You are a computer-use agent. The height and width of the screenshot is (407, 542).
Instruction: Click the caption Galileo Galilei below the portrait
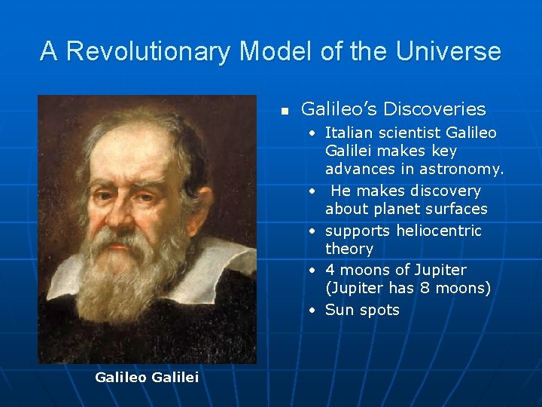tap(147, 377)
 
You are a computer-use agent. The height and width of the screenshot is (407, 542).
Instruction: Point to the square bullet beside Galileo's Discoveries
tap(285, 111)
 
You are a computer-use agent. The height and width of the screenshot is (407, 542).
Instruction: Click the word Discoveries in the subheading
tap(434, 109)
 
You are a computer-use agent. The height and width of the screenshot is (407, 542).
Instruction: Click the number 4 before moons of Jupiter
tap(330, 270)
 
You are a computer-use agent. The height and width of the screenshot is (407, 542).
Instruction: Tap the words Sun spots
tap(362, 310)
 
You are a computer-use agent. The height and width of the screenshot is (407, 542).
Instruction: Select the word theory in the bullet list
tap(349, 249)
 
